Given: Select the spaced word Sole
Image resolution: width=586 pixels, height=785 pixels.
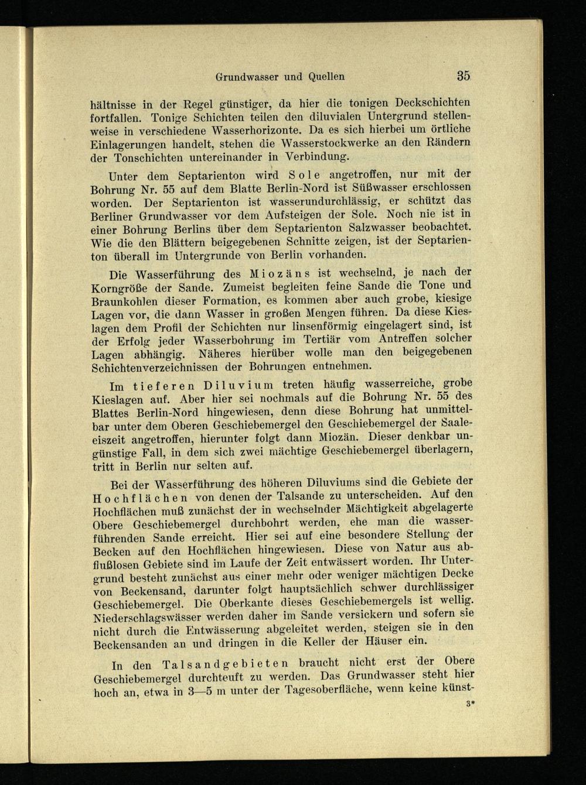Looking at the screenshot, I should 304,174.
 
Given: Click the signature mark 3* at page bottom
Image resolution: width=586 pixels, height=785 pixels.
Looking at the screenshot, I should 469,705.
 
